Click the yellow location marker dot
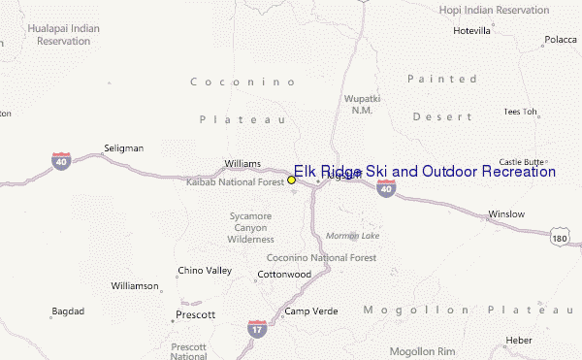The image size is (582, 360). point(291,180)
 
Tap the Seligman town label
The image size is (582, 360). point(123,148)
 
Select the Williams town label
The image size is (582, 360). point(242,163)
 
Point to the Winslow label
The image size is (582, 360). point(505,213)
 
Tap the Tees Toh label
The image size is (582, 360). point(520,112)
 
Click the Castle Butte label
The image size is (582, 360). point(522,162)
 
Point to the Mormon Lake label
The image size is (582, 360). point(353,236)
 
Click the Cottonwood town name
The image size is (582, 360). point(284,275)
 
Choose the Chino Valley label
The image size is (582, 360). point(205,270)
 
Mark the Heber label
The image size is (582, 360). point(519,340)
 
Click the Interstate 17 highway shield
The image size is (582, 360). point(257,329)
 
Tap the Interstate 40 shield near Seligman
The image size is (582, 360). point(61,158)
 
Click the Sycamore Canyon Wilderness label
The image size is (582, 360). point(251,226)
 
